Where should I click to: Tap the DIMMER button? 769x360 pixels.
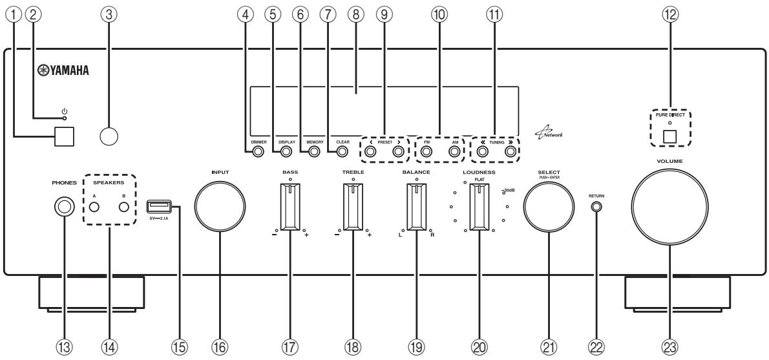[258, 153]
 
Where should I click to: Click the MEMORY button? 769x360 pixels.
[315, 153]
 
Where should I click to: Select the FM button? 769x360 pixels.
[427, 153]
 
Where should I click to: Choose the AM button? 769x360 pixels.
[455, 153]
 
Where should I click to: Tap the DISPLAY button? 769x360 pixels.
[286, 153]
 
